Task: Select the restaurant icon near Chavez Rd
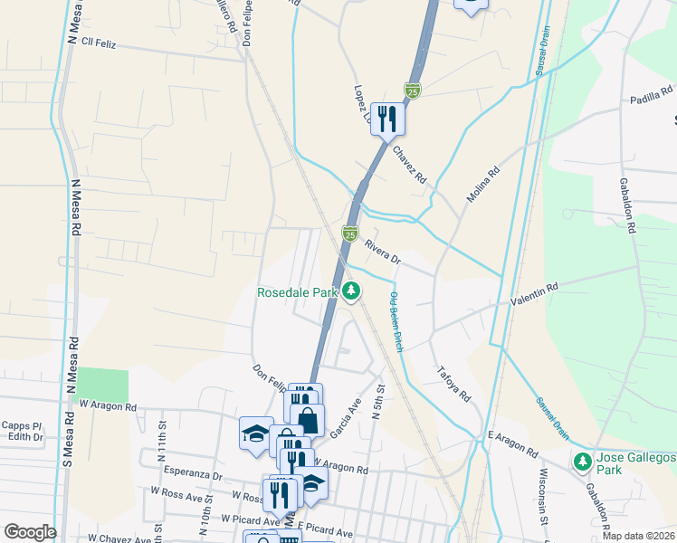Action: pyautogui.click(x=387, y=119)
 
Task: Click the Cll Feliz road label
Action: pyautogui.click(x=100, y=43)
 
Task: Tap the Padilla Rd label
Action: pyautogui.click(x=653, y=91)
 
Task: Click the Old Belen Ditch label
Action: pyautogui.click(x=396, y=322)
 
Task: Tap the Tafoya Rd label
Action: pyautogui.click(x=454, y=384)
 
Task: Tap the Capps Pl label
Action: pyautogui.click(x=22, y=424)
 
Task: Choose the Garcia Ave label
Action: pyautogui.click(x=344, y=418)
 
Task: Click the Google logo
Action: pyautogui.click(x=30, y=531)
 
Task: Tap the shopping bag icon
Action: pyautogui.click(x=307, y=420)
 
